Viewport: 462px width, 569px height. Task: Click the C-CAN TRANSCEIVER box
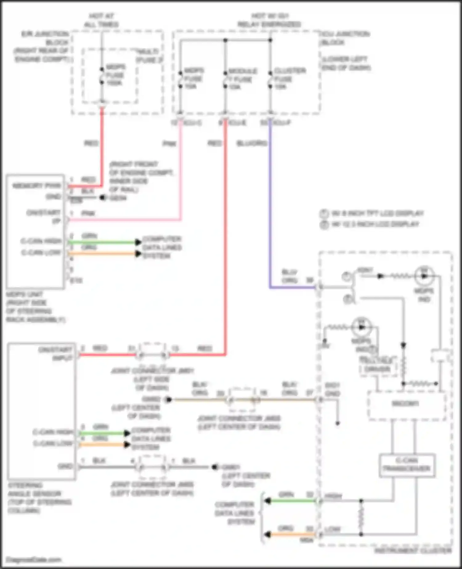[x=407, y=465]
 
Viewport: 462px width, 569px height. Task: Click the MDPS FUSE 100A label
[x=115, y=75]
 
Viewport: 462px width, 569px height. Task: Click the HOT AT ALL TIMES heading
[x=101, y=20]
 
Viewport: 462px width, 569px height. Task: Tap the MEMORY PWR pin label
[x=37, y=186]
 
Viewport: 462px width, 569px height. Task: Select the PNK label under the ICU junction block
[x=169, y=144]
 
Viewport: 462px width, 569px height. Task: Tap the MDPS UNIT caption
[x=35, y=307]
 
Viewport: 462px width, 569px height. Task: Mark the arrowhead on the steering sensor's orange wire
[x=127, y=444]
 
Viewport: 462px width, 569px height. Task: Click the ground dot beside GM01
[x=215, y=467]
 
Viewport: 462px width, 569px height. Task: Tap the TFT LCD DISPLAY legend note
[x=377, y=213]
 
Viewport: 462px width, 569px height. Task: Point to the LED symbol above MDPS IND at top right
[x=424, y=276]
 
